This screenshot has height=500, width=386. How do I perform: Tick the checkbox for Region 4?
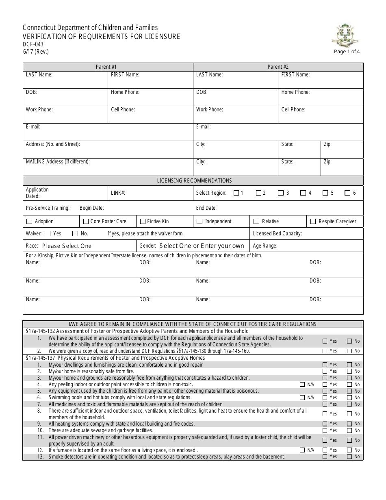pos(303,193)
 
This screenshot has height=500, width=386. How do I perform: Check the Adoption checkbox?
pos(29,222)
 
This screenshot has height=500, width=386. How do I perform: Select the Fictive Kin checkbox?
pos(143,222)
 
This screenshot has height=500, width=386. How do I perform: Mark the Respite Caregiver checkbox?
pos(313,222)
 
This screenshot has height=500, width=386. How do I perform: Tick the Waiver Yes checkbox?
pos(48,234)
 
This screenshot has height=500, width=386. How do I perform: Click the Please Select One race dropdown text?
pos(67,246)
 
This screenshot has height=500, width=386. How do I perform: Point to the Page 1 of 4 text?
pos(347,52)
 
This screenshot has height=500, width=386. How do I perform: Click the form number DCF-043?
pos(33,44)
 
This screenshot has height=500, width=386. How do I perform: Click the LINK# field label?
pos(118,193)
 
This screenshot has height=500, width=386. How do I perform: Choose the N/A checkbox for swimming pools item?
pos(302,398)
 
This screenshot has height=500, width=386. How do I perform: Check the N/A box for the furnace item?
pos(302,450)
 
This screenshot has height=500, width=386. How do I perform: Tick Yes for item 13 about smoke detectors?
pos(325,457)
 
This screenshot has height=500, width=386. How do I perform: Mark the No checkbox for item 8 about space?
pos(349,414)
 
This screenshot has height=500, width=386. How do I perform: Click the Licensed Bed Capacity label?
pos(277,234)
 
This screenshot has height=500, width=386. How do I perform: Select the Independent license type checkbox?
pos(200,222)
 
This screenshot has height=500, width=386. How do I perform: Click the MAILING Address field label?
pos(58,162)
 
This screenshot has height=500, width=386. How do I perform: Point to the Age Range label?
pos(265,246)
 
